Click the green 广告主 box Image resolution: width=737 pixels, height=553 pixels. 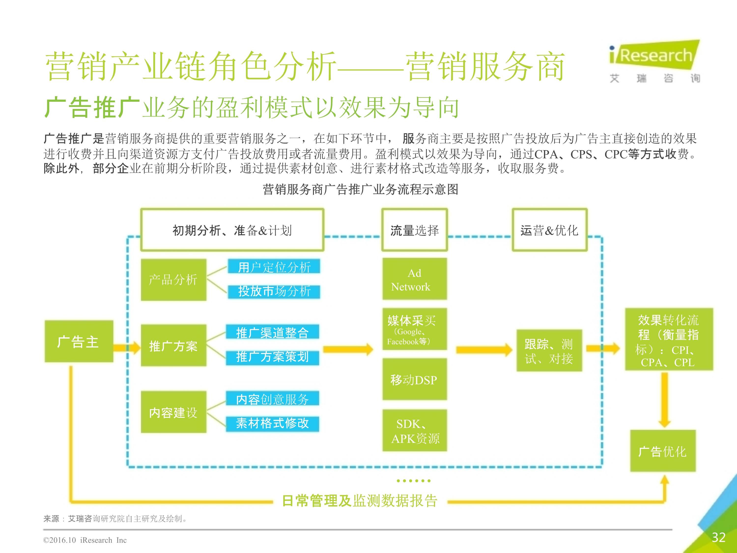(x=79, y=342)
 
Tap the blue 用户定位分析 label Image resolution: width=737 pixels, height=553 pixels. (x=274, y=267)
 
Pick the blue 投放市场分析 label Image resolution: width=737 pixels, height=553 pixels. (x=274, y=291)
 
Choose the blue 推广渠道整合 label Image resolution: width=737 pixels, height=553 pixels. (x=272, y=332)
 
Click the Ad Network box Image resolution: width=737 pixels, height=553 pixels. (x=414, y=279)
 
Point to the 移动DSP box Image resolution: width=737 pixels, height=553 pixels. (x=414, y=380)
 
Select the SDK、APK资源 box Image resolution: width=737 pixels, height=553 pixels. (x=414, y=431)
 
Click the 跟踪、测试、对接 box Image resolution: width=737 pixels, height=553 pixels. (x=549, y=351)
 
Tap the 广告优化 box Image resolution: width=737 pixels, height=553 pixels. (x=663, y=451)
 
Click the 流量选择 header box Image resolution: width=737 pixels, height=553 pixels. (x=414, y=230)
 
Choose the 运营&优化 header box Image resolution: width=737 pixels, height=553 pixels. (x=549, y=230)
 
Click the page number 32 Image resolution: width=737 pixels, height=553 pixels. (x=718, y=537)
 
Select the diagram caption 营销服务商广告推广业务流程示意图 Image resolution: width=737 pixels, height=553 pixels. (x=360, y=189)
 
